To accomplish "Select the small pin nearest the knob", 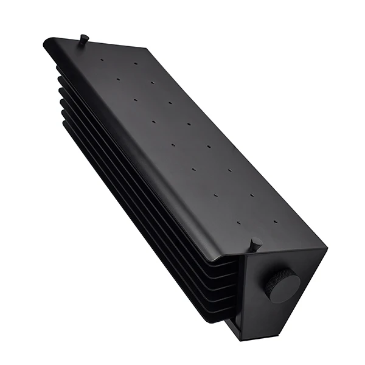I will (255, 245).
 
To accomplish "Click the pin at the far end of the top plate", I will (83, 39).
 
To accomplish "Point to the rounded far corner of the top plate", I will (48, 43).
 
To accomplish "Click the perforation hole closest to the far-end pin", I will (102, 61).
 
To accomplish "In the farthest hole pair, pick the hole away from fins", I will (136, 63).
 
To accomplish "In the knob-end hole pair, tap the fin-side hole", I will (238, 223).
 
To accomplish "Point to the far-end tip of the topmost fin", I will (59, 69).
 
